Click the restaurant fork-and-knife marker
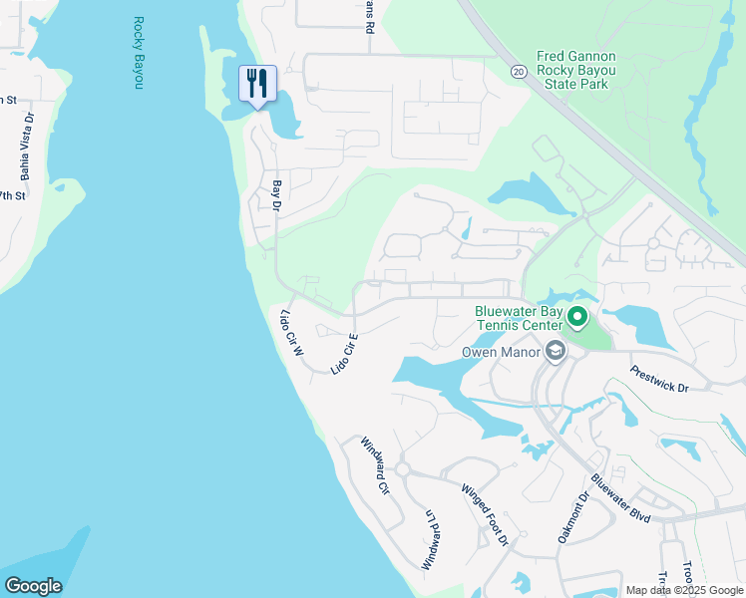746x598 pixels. (258, 84)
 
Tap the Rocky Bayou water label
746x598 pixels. (138, 53)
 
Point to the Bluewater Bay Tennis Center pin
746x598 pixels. (577, 318)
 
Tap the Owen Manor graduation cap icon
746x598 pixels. (555, 351)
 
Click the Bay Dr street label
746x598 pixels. (277, 195)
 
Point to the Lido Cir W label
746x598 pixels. (290, 335)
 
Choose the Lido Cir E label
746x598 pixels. (344, 354)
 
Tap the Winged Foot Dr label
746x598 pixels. (485, 514)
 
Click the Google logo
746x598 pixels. (33, 586)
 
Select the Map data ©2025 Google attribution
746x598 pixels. (683, 590)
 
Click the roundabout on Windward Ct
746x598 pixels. (403, 468)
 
